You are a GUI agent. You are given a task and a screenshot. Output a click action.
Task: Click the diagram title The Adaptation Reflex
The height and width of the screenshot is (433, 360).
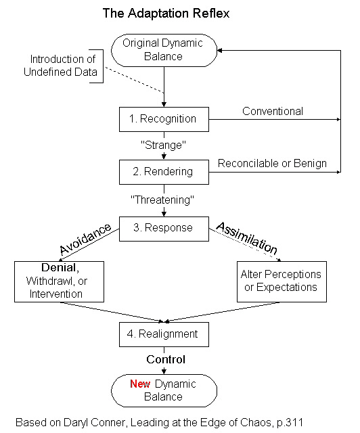tap(166, 14)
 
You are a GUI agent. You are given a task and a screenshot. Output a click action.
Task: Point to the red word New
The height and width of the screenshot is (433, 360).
tap(140, 384)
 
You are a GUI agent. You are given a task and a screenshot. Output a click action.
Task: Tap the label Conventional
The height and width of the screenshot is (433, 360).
tap(273, 111)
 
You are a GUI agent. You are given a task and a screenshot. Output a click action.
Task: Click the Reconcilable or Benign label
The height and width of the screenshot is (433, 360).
tap(272, 164)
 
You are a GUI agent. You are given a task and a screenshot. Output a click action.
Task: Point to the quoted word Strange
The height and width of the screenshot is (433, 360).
tap(163, 145)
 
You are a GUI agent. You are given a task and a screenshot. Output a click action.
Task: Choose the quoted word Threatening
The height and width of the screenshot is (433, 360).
tap(162, 200)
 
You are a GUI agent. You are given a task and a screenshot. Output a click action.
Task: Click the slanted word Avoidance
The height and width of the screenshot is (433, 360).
tap(85, 239)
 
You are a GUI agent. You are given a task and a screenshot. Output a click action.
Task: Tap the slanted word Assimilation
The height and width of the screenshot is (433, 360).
tap(247, 237)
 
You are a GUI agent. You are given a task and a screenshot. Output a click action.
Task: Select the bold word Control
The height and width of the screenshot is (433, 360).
tap(166, 359)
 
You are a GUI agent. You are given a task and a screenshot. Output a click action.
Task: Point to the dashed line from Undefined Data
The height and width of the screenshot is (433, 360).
tap(135, 80)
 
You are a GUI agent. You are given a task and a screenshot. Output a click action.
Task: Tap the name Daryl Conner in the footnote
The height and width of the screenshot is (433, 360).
tap(95, 422)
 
